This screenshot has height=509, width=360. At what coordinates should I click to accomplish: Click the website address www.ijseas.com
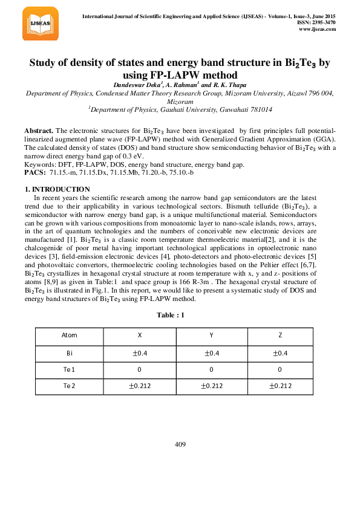click(x=317, y=29)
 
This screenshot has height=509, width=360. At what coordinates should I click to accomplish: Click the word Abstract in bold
click(x=38, y=131)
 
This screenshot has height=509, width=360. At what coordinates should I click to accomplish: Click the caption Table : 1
click(x=170, y=316)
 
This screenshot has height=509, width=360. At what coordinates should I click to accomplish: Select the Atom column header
click(x=70, y=336)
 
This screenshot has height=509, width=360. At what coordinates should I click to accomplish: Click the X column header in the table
click(x=140, y=336)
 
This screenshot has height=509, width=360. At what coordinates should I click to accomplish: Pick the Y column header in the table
click(x=211, y=336)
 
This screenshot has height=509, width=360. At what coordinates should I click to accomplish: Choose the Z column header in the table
click(x=279, y=336)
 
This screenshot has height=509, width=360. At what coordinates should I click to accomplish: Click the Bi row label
click(x=70, y=352)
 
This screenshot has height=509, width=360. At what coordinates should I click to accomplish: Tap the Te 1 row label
click(x=70, y=369)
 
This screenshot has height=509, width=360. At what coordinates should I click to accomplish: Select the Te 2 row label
click(x=70, y=386)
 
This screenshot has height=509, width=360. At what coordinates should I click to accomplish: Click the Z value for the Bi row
click(x=279, y=352)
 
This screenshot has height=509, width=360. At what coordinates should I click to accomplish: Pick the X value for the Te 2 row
click(x=140, y=386)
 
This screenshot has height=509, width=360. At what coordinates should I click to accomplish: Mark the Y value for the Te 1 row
click(x=211, y=369)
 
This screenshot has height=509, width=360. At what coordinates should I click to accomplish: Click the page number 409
click(x=180, y=444)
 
